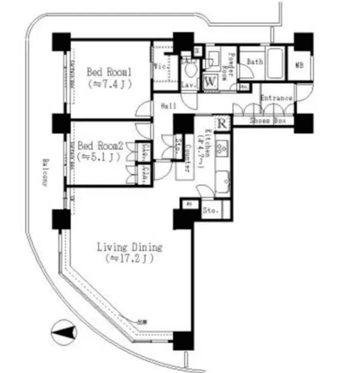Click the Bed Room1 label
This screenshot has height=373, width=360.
coord(109,72)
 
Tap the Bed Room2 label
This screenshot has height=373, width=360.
coord(100,146)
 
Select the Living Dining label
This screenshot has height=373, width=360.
coord(129,247)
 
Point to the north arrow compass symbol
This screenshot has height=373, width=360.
coord(64,332)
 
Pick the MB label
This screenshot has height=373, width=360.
coord(299,66)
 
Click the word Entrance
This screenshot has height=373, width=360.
coord(276,98)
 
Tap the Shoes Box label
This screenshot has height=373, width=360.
coord(268,121)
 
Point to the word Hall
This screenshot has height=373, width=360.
coord(169,107)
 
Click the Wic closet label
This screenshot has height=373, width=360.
coord(160,66)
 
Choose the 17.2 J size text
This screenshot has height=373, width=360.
coord(129,258)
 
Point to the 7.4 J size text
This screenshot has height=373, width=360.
coord(110,84)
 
